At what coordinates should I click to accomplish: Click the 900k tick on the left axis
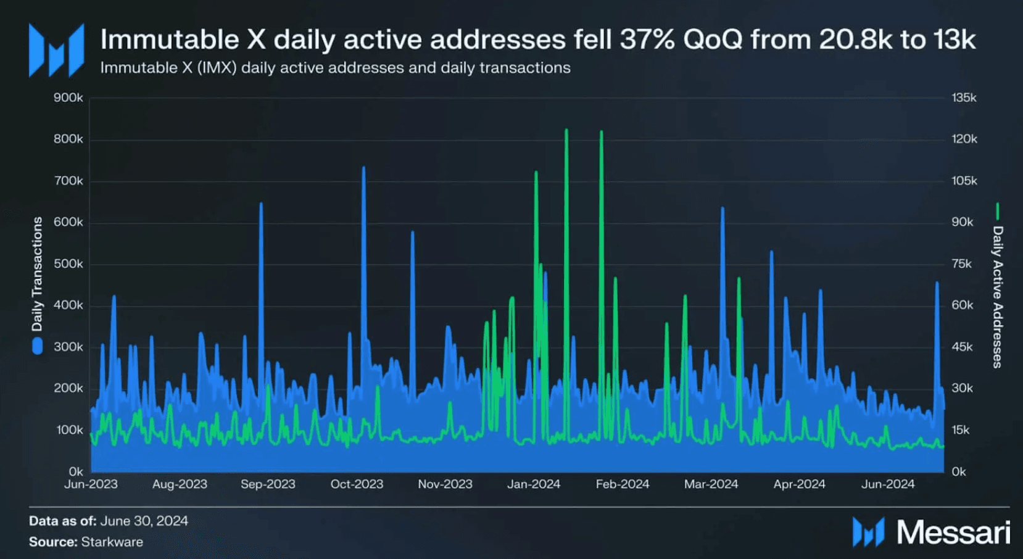coord(68,97)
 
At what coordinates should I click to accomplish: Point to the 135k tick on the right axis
coord(964,97)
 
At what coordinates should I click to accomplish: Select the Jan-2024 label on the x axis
coord(534,484)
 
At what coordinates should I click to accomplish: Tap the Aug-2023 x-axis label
coord(180,484)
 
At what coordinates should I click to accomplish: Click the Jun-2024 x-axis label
coord(888,484)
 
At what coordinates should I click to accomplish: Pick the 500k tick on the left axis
coord(68,264)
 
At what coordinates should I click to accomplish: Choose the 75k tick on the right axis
coord(961,264)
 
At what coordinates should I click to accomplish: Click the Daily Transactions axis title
coord(37,274)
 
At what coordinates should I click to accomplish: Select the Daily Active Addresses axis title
coord(998,297)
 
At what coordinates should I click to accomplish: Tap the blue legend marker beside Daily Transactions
coord(38,346)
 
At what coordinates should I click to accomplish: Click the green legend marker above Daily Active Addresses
coord(997,211)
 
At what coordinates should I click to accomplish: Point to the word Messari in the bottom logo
coord(953,532)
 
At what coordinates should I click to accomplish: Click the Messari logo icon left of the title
coord(56,51)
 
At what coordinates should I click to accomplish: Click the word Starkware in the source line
coord(112,542)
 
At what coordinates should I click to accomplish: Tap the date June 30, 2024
coord(144,521)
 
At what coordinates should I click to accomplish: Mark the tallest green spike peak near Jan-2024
coord(566,130)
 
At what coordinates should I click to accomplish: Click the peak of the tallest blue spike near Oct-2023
coord(363,167)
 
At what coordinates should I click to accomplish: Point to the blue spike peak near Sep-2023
coord(261,204)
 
